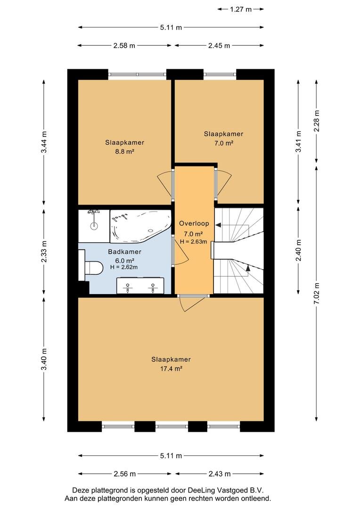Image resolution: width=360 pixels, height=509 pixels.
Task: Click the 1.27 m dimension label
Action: [240, 9]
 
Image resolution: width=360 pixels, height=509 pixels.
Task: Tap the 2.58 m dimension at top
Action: [124, 46]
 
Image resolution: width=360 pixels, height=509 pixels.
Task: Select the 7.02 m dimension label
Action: [317, 294]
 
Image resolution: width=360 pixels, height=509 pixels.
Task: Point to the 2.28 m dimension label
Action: [317, 121]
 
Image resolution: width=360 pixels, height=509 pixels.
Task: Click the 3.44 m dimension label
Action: [44, 142]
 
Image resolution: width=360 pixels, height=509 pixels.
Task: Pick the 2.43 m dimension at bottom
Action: [219, 474]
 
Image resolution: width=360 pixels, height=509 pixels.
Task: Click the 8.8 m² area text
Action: [125, 151]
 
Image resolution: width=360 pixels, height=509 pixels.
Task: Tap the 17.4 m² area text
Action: [171, 369]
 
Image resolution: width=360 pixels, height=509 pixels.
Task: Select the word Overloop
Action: [194, 223]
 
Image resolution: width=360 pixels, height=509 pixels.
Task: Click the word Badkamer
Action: [125, 252]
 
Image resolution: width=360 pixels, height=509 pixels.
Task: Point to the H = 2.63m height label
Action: [194, 241]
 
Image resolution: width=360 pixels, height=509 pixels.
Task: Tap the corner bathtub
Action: [140, 226]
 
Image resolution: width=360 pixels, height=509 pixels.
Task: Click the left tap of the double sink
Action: [128, 287]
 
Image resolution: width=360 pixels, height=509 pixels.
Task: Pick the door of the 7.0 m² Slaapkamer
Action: [222, 183]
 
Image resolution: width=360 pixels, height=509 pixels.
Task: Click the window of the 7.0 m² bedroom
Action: [220, 74]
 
